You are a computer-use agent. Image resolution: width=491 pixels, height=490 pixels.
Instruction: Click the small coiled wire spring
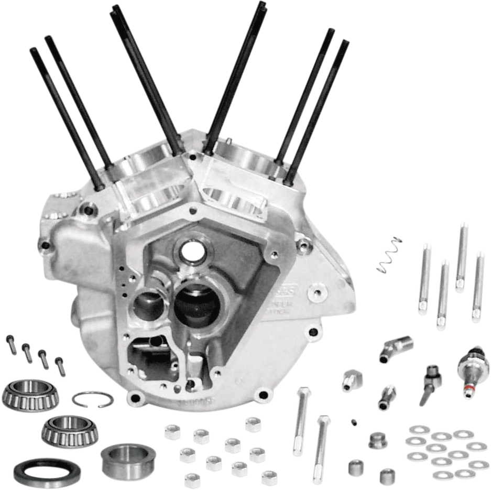point(389,255)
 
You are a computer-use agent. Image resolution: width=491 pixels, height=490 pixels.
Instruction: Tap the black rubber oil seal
point(47,471)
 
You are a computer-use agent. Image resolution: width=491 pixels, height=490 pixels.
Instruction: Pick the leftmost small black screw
point(11,343)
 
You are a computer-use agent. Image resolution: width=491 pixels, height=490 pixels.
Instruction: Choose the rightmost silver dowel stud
point(478,287)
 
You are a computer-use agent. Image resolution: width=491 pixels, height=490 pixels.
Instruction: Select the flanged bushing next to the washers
point(378,440)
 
